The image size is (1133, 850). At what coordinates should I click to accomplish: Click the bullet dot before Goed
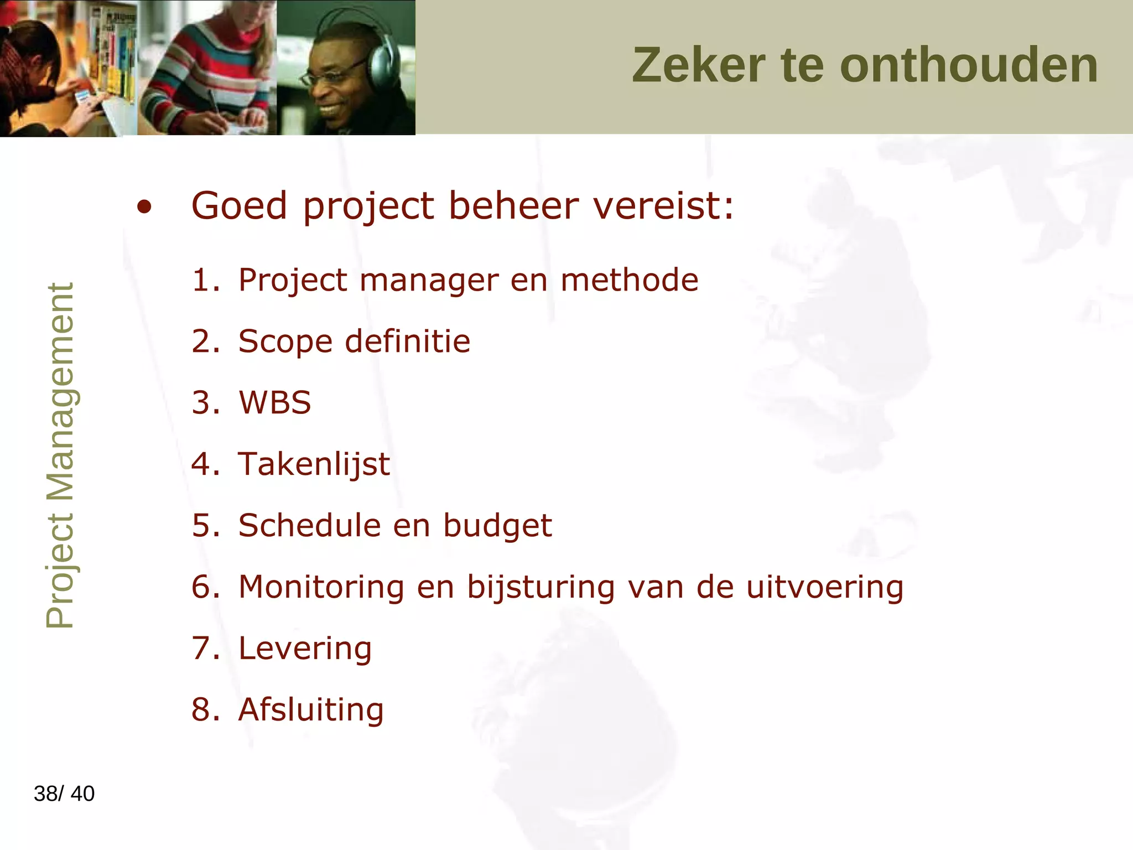144,208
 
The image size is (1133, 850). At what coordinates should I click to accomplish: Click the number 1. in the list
205,280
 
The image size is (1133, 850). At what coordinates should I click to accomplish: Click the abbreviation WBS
275,403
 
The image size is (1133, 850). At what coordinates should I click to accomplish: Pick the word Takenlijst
314,464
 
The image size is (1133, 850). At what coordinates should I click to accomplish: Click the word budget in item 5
497,526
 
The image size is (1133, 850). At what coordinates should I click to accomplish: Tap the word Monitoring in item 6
321,587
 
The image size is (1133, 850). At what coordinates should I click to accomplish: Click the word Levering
305,649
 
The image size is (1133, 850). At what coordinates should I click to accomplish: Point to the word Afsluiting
310,710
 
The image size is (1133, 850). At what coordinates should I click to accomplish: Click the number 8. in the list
205,710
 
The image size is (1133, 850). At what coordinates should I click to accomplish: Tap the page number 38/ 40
64,794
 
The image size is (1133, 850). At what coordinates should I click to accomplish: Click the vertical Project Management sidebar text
60,455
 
